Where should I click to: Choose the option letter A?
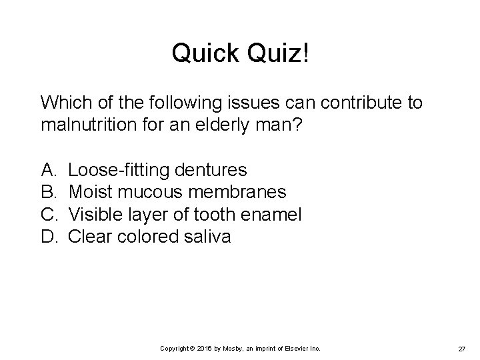[x=48, y=171]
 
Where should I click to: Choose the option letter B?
[x=48, y=193]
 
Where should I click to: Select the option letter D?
[x=49, y=237]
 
